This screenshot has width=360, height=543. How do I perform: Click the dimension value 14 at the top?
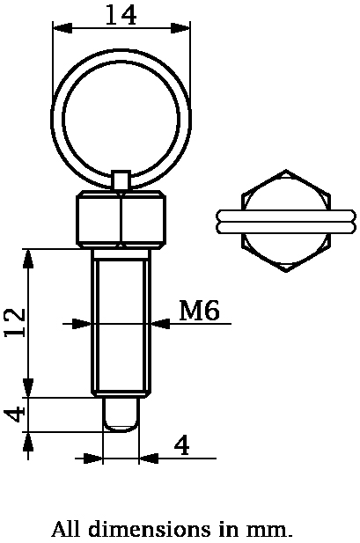tap(121, 15)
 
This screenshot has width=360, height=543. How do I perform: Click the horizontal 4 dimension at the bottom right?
tap(181, 445)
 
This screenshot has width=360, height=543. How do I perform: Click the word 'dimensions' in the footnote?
tap(149, 530)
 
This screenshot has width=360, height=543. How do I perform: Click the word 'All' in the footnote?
tap(66, 530)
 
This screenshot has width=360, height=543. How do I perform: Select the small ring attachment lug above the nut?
tap(121, 179)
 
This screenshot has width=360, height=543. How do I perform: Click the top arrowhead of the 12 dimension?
tap(29, 256)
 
